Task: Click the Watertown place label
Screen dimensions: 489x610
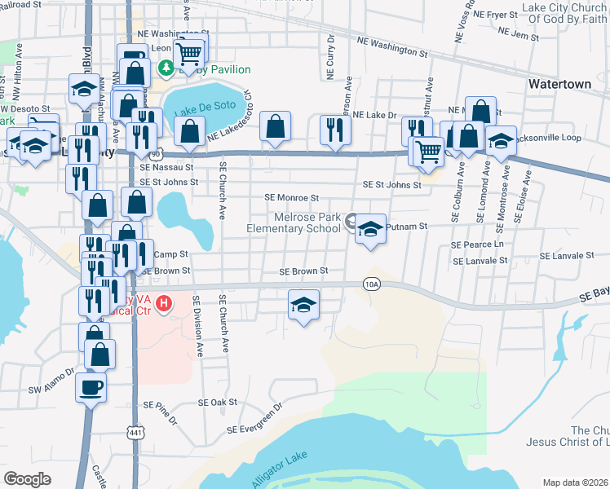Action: tap(559, 84)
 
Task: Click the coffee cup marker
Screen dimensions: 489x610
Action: tap(91, 386)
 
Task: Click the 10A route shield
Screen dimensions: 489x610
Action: tap(372, 284)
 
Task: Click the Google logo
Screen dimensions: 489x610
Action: tap(27, 478)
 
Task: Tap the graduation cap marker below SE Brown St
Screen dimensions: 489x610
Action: tap(303, 306)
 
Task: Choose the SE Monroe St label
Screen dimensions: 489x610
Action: tap(291, 197)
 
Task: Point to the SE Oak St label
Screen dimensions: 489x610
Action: tap(217, 402)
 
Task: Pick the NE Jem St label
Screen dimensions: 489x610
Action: tap(519, 37)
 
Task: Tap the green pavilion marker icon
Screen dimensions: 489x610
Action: tap(166, 67)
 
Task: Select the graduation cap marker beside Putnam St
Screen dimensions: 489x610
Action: tap(370, 229)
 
